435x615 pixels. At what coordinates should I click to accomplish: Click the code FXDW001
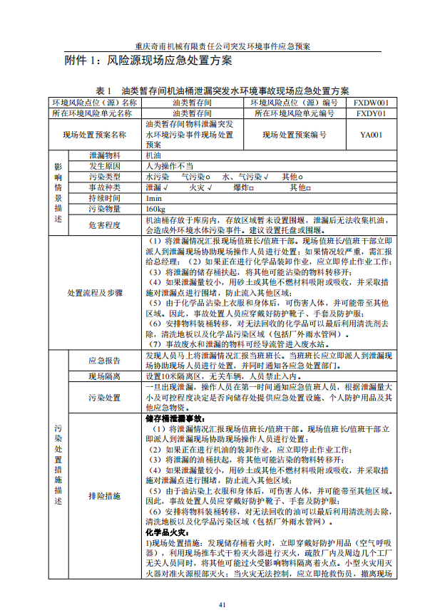[x=371, y=103]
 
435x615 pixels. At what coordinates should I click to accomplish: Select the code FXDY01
[x=371, y=113]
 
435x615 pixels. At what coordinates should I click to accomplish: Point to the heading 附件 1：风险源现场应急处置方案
[x=148, y=61]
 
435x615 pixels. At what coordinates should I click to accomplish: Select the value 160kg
[x=155, y=210]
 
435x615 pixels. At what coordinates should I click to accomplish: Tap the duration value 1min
[x=153, y=198]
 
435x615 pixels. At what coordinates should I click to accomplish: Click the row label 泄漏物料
[x=105, y=155]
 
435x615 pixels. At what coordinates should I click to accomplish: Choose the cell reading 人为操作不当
[x=169, y=165]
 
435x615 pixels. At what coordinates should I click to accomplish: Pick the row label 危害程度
[x=105, y=226]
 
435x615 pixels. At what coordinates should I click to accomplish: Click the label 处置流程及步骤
[x=95, y=293]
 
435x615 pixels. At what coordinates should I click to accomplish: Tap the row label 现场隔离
[x=105, y=376]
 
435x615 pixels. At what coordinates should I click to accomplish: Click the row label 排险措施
[x=105, y=495]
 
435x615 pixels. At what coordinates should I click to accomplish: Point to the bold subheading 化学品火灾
[x=166, y=532]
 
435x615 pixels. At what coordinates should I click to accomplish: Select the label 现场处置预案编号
[x=295, y=134]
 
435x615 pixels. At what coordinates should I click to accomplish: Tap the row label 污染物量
[x=105, y=210]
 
